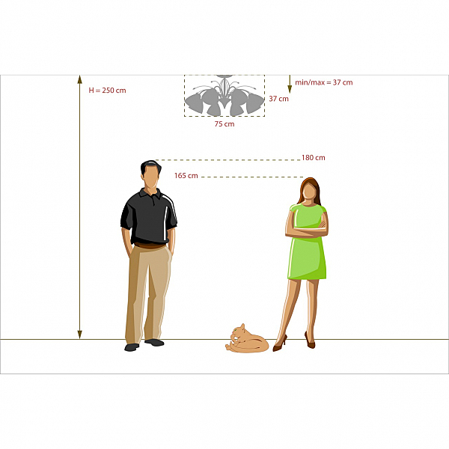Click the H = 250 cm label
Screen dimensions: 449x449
point(107,91)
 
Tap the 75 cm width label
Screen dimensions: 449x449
point(224,124)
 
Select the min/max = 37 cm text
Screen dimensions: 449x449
point(324,82)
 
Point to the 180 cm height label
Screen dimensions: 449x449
point(314,157)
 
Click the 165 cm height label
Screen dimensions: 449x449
point(186,176)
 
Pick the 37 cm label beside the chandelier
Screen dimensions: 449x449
point(278,99)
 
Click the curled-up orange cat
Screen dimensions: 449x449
point(247,339)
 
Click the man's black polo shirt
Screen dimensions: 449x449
point(148,217)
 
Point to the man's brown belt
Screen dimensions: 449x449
point(150,245)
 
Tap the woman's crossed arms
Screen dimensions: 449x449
point(307,228)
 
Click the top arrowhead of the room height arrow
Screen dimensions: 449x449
point(79,79)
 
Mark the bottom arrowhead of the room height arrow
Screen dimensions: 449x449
point(79,335)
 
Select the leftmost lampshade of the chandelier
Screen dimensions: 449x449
point(194,103)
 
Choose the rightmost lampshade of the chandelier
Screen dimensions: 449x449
point(255,103)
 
